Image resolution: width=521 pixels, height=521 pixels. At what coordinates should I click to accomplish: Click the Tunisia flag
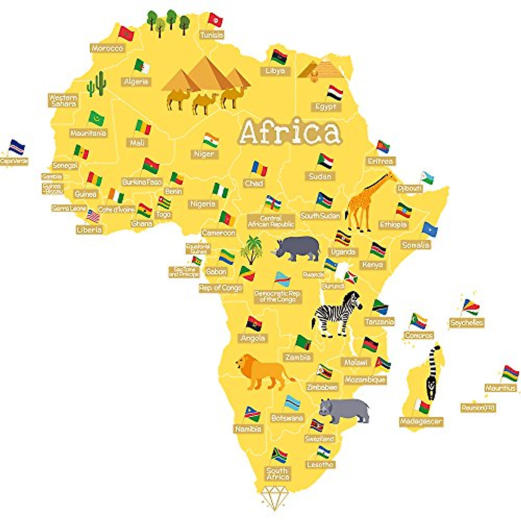pos(215,20)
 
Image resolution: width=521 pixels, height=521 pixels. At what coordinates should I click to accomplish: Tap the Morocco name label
pos(107,48)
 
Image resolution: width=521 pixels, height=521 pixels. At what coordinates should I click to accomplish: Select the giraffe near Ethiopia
pos(367,202)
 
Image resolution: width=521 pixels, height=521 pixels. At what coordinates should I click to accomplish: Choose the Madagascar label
pos(421,422)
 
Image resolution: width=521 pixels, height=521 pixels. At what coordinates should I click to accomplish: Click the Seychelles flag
pos(471,307)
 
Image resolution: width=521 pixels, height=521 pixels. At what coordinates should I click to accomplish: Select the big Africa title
pos(290,132)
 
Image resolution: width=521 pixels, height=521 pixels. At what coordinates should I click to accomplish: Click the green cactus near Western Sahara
pos(97,84)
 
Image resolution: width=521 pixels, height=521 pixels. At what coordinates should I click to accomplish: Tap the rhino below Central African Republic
pos(297,248)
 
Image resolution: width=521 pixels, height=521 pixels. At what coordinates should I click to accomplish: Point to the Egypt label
pos(326,107)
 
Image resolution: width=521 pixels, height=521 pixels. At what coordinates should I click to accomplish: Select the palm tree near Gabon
pos(251,249)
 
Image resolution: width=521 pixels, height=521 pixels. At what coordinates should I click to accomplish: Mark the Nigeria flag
pos(221,190)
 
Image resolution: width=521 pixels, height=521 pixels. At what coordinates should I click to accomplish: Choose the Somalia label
pos(415,245)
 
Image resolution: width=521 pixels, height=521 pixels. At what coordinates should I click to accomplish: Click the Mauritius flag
pos(511,373)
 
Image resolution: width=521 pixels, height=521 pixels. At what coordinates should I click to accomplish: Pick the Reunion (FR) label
pos(478,408)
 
